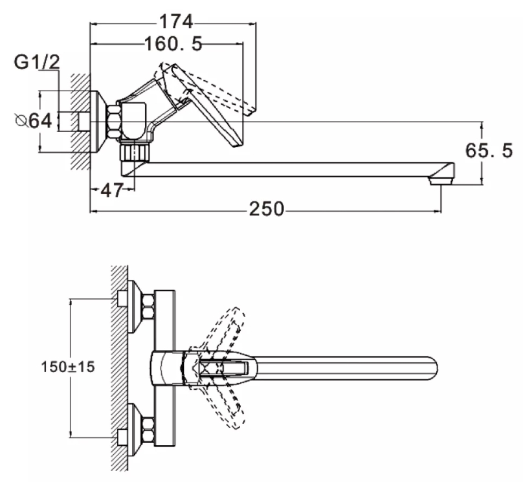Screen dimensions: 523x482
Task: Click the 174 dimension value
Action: [x=177, y=21]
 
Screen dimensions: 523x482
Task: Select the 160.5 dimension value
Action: [x=173, y=43]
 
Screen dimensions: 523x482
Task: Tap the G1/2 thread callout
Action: [x=37, y=62]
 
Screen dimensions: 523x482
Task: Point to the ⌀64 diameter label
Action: [x=34, y=121]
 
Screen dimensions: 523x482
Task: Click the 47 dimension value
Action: [x=112, y=190]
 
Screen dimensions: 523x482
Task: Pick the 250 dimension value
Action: [x=267, y=210]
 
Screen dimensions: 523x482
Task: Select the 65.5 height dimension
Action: [x=489, y=150]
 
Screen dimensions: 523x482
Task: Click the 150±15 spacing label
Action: [x=68, y=367]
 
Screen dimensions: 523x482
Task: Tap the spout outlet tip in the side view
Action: [x=441, y=181]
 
